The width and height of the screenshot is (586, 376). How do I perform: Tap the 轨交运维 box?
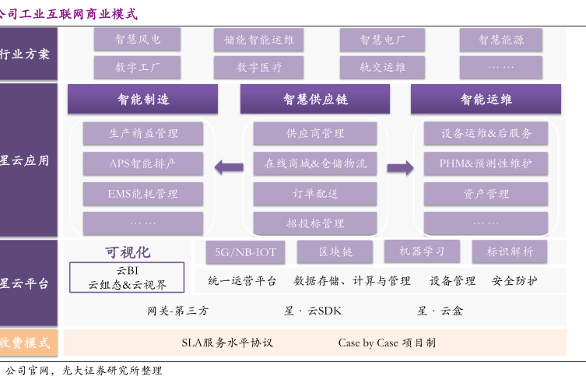click(382, 68)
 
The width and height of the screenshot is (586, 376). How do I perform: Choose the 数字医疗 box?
click(258, 68)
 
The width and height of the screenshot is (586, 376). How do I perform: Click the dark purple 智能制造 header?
click(142, 100)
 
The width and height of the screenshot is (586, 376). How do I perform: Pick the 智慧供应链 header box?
click(314, 100)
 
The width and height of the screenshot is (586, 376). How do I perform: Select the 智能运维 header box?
click(486, 100)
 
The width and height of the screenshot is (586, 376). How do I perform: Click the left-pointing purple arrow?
click(229, 166)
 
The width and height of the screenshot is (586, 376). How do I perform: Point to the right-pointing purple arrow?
click(400, 167)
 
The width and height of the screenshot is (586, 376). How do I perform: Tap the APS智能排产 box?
click(142, 164)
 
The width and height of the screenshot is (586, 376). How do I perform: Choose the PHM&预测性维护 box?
click(486, 164)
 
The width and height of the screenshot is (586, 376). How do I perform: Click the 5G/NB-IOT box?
click(245, 252)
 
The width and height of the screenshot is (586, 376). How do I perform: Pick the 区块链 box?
click(335, 252)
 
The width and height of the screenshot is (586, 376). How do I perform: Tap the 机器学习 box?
click(422, 251)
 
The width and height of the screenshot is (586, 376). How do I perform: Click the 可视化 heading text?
click(128, 252)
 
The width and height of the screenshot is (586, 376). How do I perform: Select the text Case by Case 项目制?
click(387, 343)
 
